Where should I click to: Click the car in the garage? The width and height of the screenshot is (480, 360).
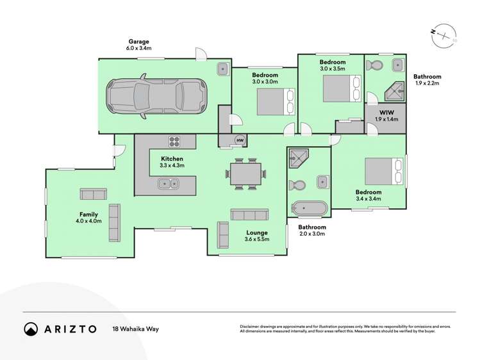tap(156, 95)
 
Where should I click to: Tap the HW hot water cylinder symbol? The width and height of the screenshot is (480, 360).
tap(240, 140)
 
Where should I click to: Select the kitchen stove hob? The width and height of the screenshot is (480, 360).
tap(174, 142)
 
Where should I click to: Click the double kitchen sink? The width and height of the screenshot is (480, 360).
tap(169, 184)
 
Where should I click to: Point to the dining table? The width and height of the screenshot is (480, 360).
tap(246, 174)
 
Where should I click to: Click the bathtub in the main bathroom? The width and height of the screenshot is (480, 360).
tap(309, 208)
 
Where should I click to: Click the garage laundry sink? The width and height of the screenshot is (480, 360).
tap(223, 69)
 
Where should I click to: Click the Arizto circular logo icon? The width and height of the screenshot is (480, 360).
tap(31, 329)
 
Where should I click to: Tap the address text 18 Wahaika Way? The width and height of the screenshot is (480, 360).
tap(136, 329)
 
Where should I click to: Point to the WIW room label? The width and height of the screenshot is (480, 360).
tap(386, 113)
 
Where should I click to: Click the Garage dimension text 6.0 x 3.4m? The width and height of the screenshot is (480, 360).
tap(138, 48)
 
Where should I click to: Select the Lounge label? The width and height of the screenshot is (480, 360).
tap(257, 233)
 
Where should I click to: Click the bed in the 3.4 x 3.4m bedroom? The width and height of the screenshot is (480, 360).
tap(384, 171)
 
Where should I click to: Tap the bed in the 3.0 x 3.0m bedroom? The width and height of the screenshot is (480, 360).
tap(276, 102)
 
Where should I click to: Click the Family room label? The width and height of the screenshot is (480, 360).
tap(88, 215)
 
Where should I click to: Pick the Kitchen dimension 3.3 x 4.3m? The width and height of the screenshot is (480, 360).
tap(172, 165)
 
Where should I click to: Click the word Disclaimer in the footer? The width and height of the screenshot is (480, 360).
tap(249, 327)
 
